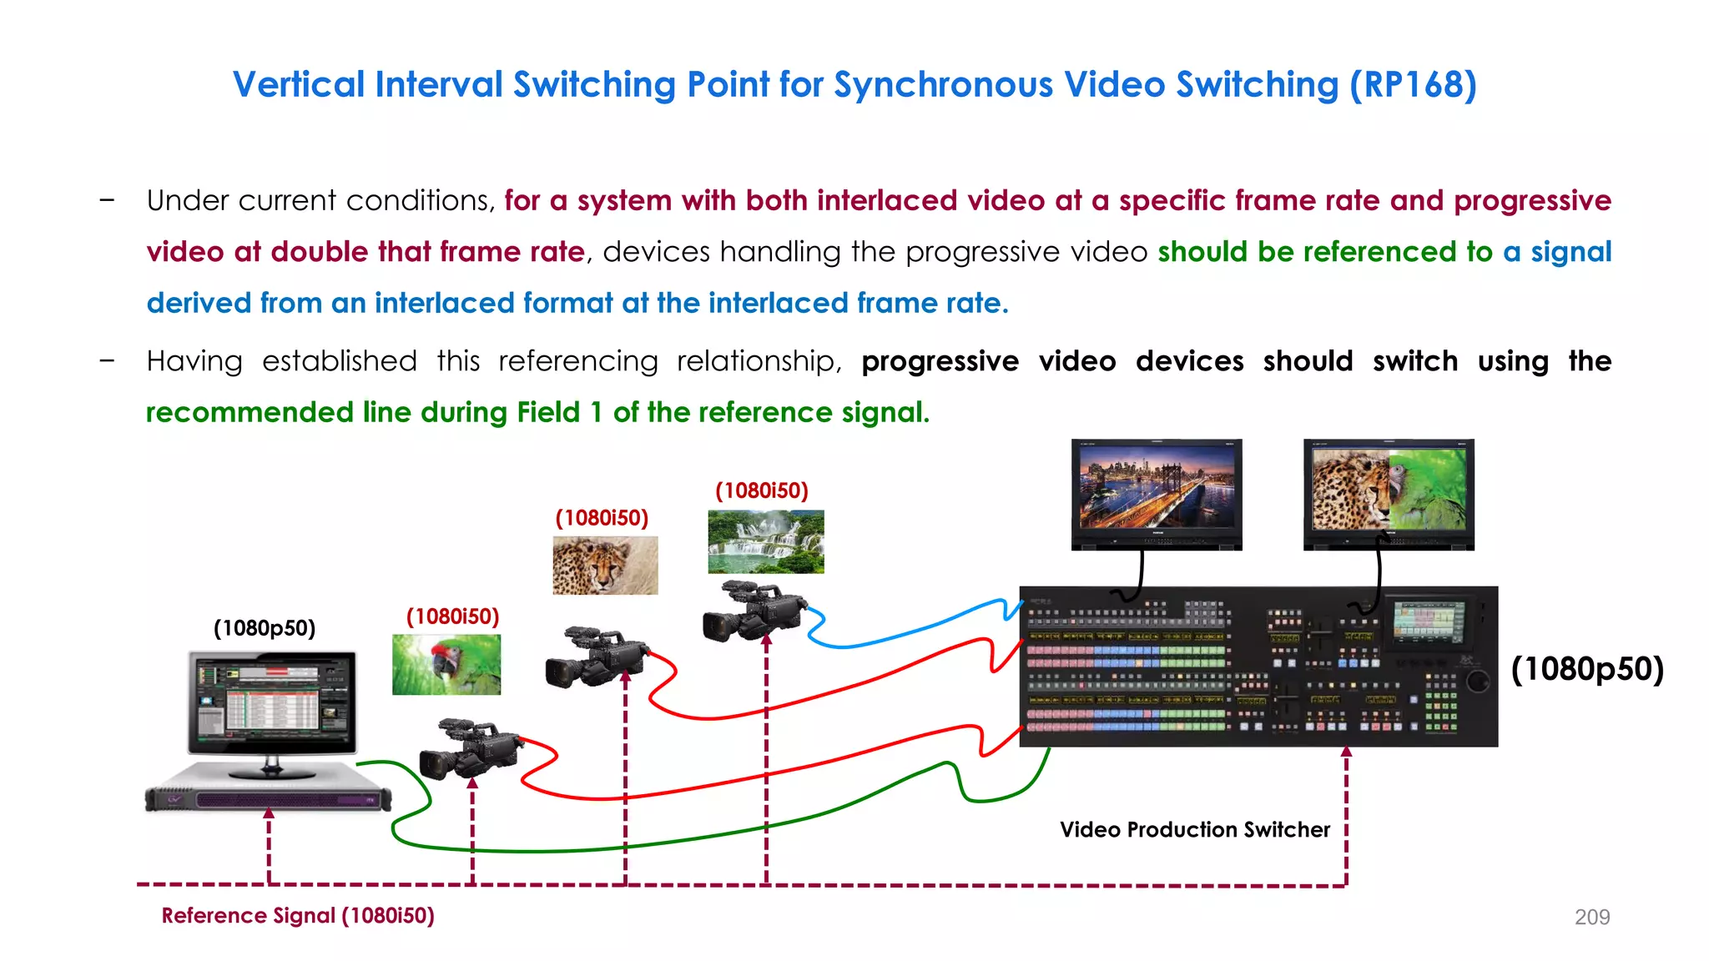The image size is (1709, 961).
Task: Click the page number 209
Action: (1591, 917)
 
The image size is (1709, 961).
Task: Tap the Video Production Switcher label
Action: (1194, 829)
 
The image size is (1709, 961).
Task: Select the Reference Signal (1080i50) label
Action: (298, 915)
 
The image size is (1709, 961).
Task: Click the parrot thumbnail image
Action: (446, 664)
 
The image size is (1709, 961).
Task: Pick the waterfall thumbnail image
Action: (765, 541)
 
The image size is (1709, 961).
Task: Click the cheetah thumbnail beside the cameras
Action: (605, 565)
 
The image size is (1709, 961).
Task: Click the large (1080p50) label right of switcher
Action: (1587, 669)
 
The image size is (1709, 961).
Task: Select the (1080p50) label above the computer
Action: (265, 628)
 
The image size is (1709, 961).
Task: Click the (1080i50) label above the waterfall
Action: (761, 491)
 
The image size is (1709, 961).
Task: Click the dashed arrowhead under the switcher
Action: (1346, 752)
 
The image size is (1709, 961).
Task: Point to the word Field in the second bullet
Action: (547, 412)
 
